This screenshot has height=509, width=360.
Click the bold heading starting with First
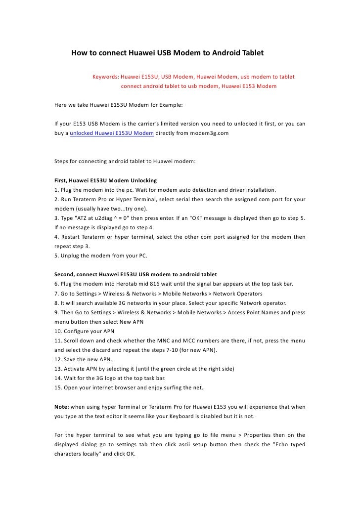[x=105, y=180]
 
